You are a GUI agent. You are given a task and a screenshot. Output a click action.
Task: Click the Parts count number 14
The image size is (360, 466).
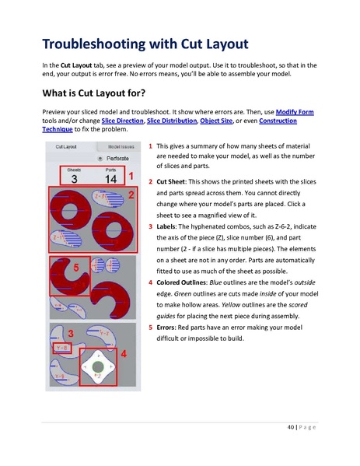coord(110,178)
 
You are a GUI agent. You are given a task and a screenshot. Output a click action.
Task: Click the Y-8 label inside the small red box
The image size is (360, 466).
coord(60,349)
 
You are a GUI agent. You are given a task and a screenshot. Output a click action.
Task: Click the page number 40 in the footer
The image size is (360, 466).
coord(293,429)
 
